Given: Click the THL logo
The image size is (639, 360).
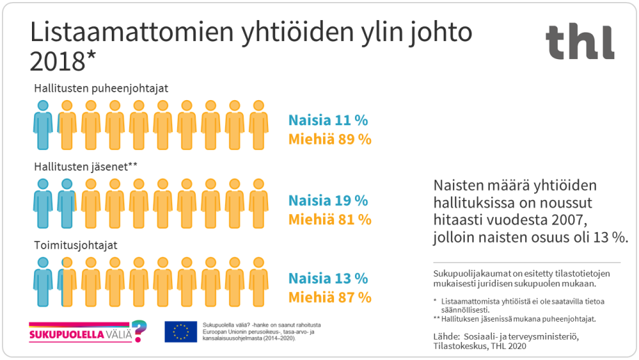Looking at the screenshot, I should (x=579, y=42).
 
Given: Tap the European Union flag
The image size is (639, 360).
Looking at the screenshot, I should (x=181, y=332).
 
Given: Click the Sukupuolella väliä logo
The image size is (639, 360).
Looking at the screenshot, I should (x=88, y=332).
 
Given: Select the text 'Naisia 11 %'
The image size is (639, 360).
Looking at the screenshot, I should (x=328, y=120).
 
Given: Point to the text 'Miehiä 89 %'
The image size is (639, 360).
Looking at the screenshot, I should (x=329, y=139).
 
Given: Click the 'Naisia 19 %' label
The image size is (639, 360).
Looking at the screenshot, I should (x=328, y=201).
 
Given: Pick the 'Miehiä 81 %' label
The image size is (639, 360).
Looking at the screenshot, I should (x=329, y=220).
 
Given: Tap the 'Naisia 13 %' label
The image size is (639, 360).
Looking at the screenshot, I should (x=328, y=279).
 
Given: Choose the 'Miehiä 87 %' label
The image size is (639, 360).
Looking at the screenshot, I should (x=329, y=297).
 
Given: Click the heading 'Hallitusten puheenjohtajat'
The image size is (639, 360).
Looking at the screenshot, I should (x=101, y=88).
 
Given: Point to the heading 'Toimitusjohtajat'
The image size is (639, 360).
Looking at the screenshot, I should (x=76, y=245).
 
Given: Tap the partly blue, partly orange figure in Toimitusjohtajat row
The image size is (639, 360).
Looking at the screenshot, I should (x=67, y=282).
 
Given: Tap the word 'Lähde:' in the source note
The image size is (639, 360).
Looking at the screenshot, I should (x=449, y=336).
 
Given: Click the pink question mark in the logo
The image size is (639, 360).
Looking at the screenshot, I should (x=140, y=330).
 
